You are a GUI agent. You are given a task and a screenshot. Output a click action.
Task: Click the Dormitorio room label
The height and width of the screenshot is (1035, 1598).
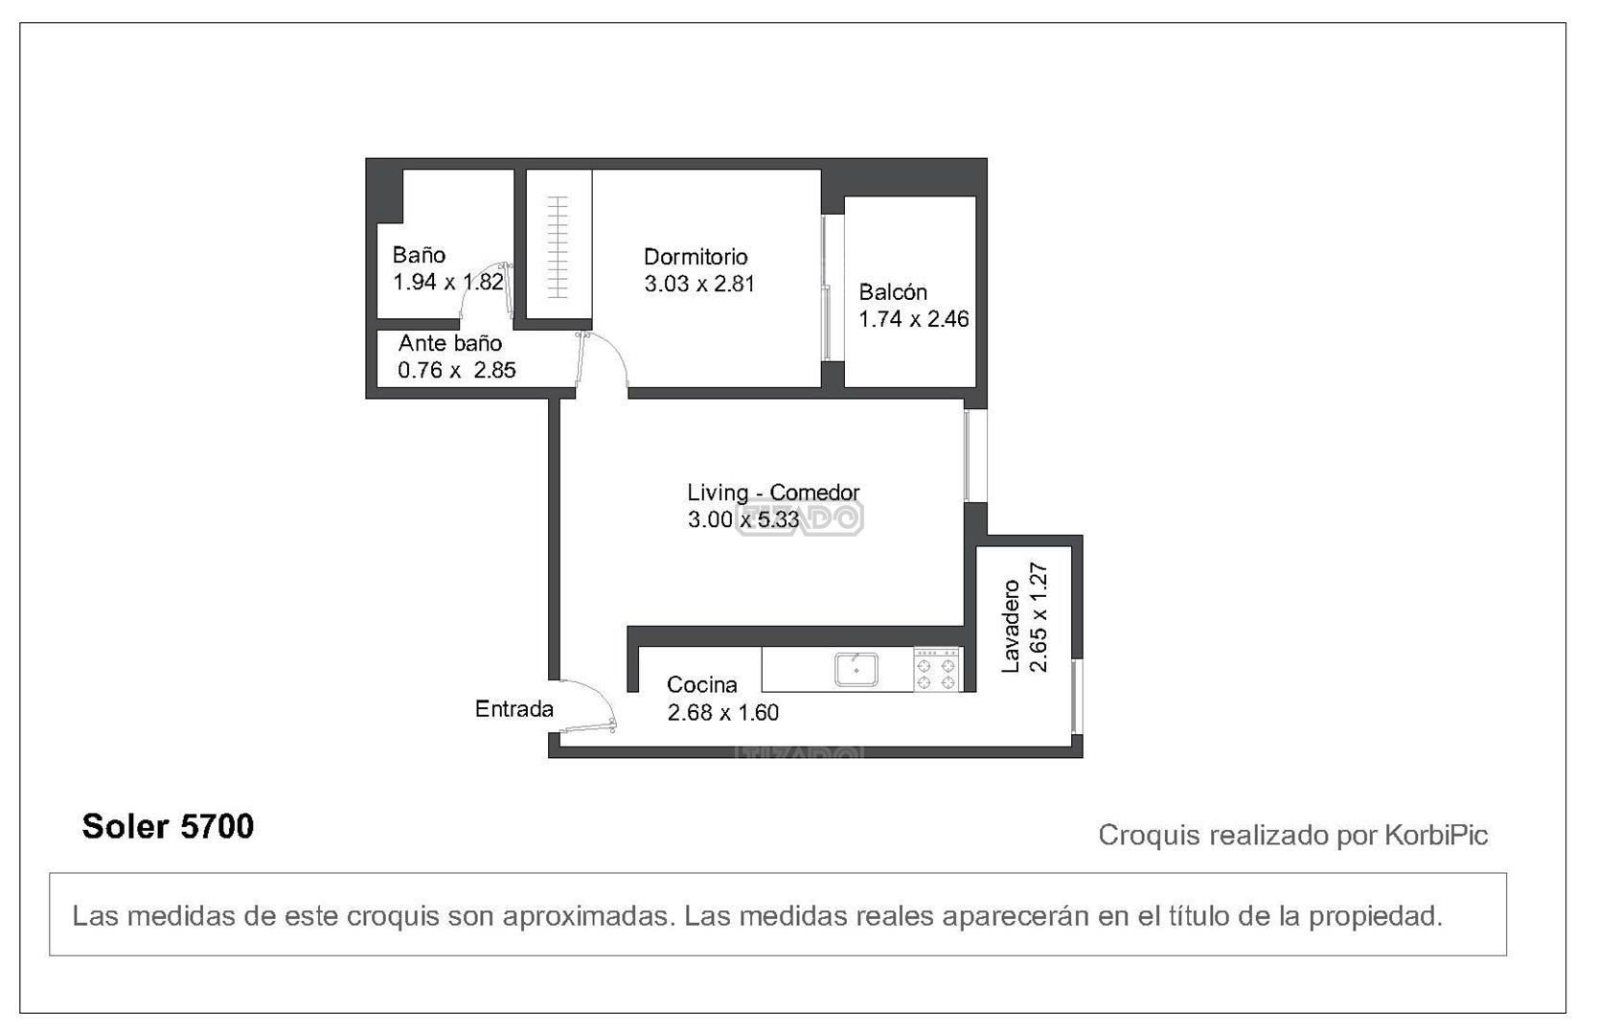tap(696, 257)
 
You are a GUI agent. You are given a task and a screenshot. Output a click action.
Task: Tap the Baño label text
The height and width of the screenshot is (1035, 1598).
tap(419, 255)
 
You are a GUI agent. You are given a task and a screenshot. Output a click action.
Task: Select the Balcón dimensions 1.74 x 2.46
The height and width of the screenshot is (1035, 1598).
tap(914, 319)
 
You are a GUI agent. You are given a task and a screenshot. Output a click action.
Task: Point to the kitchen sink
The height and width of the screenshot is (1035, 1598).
tap(856, 669)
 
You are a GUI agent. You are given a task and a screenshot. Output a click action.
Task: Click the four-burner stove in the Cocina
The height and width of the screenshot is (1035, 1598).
tap(937, 670)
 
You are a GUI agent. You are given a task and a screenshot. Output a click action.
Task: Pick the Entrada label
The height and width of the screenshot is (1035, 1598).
tap(514, 709)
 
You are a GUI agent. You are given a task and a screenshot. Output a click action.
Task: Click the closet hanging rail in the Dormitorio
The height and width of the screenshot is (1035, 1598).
tap(558, 246)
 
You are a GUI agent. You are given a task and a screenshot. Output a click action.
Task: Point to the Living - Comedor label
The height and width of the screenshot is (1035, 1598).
tap(773, 493)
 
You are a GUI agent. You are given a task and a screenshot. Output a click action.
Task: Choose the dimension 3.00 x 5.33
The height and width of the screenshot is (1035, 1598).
tap(743, 519)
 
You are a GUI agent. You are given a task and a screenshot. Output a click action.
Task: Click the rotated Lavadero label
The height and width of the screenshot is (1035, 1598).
tap(1011, 626)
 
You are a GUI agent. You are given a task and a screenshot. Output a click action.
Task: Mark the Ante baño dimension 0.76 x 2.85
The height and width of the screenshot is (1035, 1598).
tap(457, 371)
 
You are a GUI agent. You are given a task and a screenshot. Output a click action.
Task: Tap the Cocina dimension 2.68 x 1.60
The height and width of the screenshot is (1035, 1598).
tap(723, 712)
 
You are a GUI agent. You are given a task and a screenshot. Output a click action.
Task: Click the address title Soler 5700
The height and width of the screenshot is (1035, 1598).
tap(169, 827)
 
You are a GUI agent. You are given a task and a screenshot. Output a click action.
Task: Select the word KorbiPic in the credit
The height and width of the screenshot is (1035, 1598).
tap(1437, 835)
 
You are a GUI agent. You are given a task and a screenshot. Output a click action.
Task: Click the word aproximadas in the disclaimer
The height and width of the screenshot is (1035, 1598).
tap(588, 916)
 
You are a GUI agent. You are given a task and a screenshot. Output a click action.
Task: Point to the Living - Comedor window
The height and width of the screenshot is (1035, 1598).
tap(969, 455)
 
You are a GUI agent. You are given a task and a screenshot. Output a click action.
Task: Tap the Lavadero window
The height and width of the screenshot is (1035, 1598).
tap(1076, 696)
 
